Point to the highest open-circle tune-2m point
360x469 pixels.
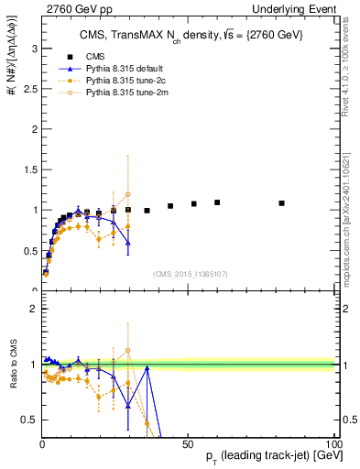coord(128,194)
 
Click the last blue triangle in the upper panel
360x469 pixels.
coord(128,243)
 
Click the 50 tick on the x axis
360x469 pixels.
coord(187,443)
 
